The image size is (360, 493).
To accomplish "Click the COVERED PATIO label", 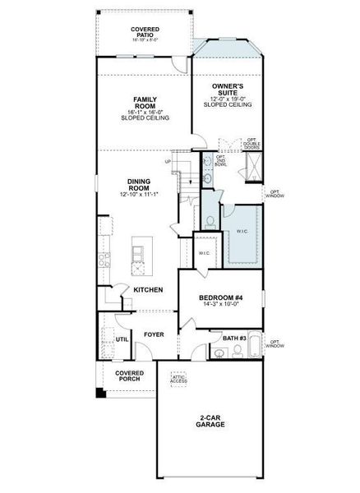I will (145, 32).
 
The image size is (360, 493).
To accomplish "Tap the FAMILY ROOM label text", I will (145, 104).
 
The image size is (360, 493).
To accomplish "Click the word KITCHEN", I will (148, 290).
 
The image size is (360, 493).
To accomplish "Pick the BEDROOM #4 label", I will (221, 299).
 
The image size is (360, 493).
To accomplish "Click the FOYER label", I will (154, 334).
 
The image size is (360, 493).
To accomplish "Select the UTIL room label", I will (122, 339).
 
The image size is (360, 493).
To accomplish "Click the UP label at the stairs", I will (168, 162).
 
